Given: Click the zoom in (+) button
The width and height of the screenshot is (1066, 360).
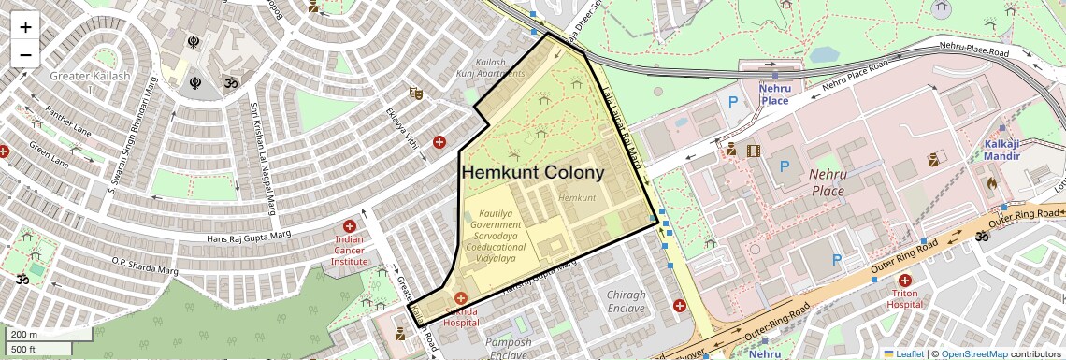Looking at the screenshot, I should click(25, 27).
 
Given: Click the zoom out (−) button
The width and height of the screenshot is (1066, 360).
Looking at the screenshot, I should click(25, 54).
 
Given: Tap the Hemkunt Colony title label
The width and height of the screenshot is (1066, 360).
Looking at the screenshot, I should click(532, 173).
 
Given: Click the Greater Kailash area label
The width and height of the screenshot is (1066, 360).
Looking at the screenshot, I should click(90, 77).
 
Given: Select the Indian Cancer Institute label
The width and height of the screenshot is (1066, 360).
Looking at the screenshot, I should click(349, 250).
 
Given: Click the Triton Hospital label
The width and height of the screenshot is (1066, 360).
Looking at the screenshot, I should click(904, 298).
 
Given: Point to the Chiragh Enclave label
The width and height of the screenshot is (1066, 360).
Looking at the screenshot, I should click(626, 301).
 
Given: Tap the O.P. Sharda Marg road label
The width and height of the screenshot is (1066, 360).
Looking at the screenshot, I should click(145, 266).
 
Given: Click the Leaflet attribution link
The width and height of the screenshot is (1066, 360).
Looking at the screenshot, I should click(904, 353).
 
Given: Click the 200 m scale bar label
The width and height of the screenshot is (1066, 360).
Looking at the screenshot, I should click(24, 335).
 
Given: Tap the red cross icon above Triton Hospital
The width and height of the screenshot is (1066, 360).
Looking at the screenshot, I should click(904, 281).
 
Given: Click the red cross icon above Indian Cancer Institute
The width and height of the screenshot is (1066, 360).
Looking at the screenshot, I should click(350, 226).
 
